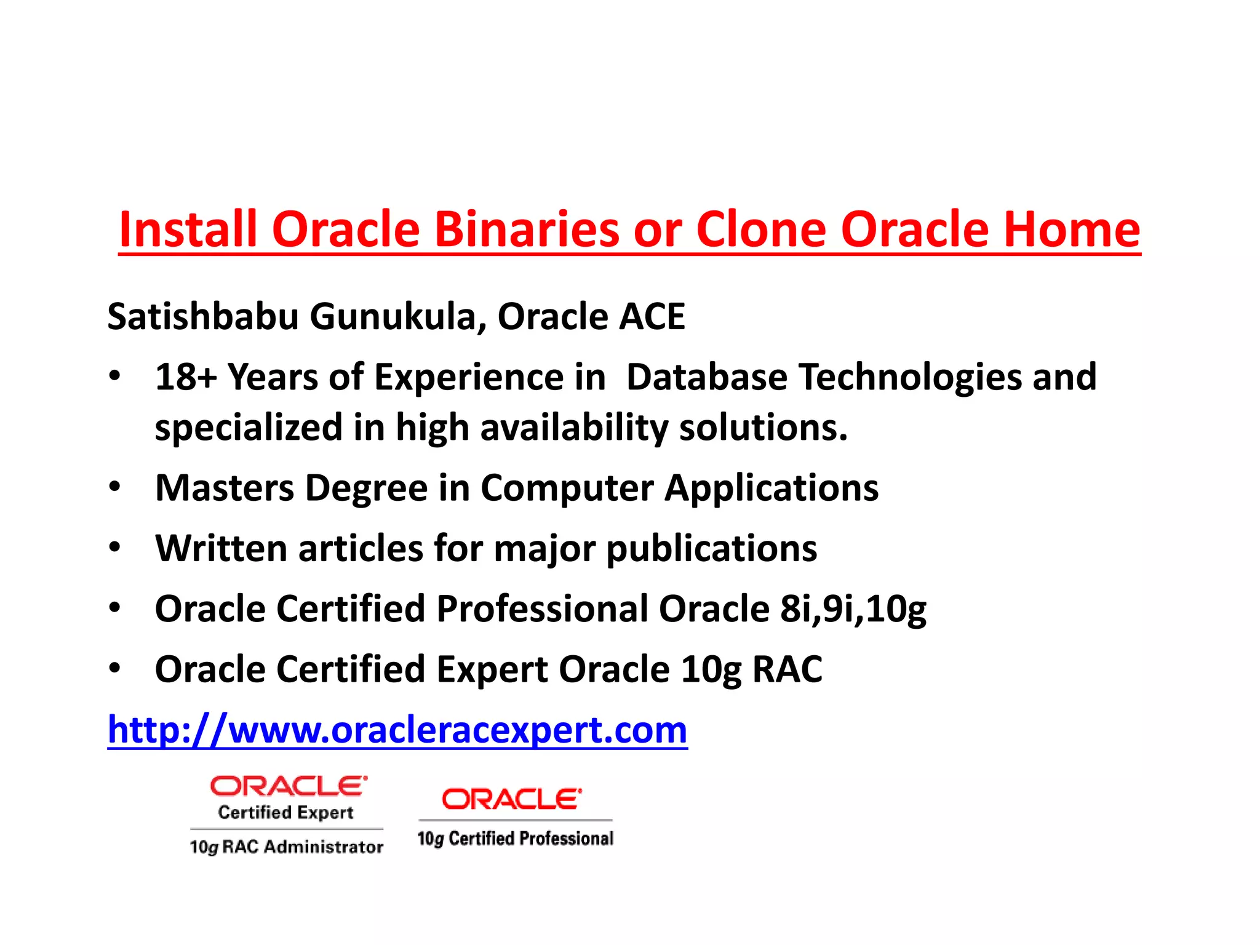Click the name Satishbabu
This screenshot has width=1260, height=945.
(203, 316)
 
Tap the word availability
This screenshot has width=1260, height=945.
(573, 427)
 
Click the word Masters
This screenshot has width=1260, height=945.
(225, 488)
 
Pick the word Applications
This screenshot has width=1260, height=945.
(772, 488)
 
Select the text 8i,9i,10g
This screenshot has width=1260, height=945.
(853, 608)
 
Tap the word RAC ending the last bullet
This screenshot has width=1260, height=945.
(787, 669)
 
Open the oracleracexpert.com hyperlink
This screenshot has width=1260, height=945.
(397, 730)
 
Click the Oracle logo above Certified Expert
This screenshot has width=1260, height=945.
(288, 786)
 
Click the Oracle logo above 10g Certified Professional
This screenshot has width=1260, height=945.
(511, 799)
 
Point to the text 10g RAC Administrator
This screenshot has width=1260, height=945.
(286, 847)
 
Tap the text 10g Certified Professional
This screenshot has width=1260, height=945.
(515, 839)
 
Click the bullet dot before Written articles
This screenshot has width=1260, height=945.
(114, 547)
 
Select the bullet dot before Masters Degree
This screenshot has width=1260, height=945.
(114, 487)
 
